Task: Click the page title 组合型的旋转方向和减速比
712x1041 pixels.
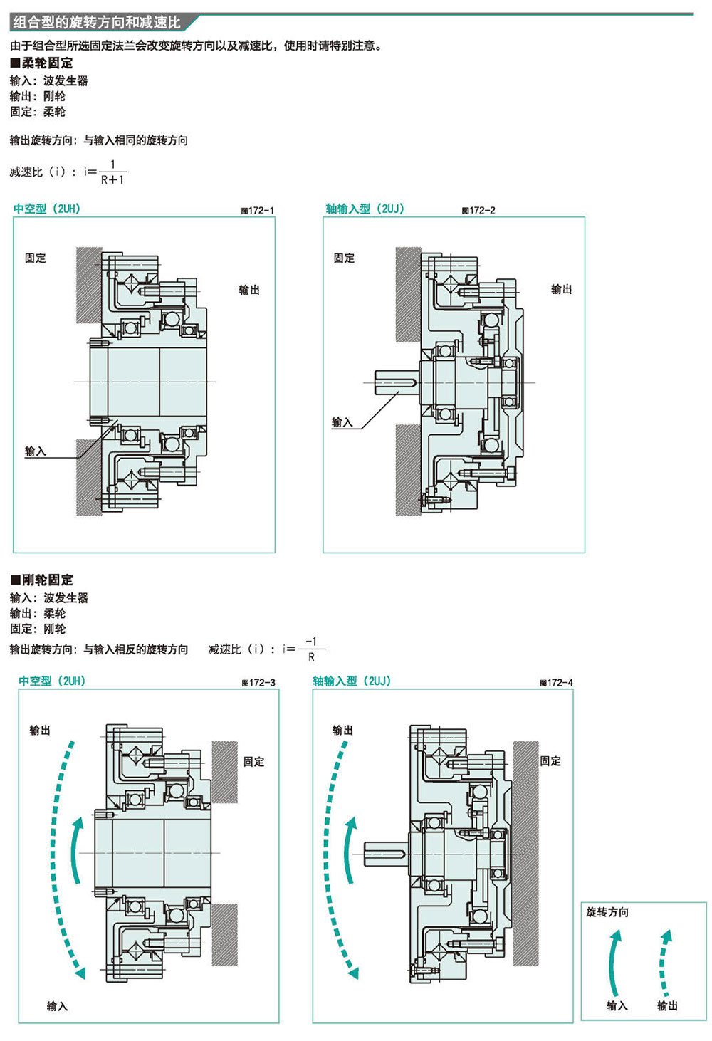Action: (97, 22)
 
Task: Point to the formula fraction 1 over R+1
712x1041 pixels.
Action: (112, 172)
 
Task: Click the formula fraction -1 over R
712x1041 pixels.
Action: (311, 649)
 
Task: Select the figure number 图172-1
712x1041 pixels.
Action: (258, 211)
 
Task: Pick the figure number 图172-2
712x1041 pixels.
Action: (478, 211)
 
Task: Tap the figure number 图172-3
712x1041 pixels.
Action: (258, 683)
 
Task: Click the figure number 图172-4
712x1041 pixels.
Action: (556, 683)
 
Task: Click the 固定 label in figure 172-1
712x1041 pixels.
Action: (36, 258)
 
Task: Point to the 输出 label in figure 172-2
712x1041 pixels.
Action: (562, 289)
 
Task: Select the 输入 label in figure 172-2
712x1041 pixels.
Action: (342, 422)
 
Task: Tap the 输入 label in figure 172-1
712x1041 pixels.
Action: (36, 451)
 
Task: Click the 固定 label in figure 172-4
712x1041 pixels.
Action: (550, 760)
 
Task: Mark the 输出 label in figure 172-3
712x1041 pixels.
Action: (40, 730)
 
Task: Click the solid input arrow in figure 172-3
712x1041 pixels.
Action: (73, 849)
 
